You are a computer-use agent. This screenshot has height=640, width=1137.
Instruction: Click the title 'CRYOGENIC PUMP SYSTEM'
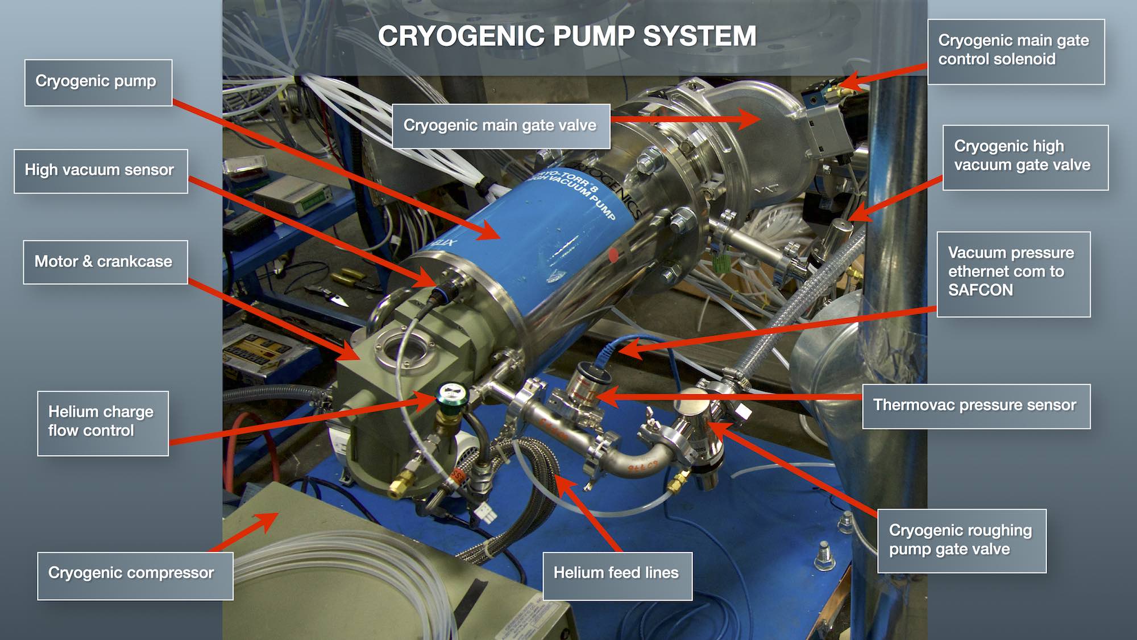pos(567,36)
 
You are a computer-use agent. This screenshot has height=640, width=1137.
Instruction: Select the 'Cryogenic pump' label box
pos(98,82)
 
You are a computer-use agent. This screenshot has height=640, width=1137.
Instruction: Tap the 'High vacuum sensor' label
pos(101,171)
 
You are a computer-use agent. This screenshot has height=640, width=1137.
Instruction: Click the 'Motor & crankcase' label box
pos(105,262)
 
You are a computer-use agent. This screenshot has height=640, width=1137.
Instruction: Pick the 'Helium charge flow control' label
pos(102,423)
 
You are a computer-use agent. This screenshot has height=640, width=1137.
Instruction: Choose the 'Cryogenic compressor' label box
pos(134,575)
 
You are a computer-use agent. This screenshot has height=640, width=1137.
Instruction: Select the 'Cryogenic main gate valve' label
pos(500,126)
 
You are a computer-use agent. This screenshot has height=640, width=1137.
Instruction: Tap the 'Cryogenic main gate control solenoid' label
pos(1015,51)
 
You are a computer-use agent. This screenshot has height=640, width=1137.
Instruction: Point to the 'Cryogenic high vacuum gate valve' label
pos(1024,156)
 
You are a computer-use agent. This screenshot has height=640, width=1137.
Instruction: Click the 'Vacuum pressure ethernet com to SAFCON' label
pos(1012,273)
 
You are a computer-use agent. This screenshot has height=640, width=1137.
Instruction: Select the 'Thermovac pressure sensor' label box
pos(976,406)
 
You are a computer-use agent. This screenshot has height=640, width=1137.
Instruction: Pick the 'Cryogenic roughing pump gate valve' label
pos(961,540)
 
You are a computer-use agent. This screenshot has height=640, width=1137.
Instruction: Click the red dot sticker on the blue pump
pos(613,255)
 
